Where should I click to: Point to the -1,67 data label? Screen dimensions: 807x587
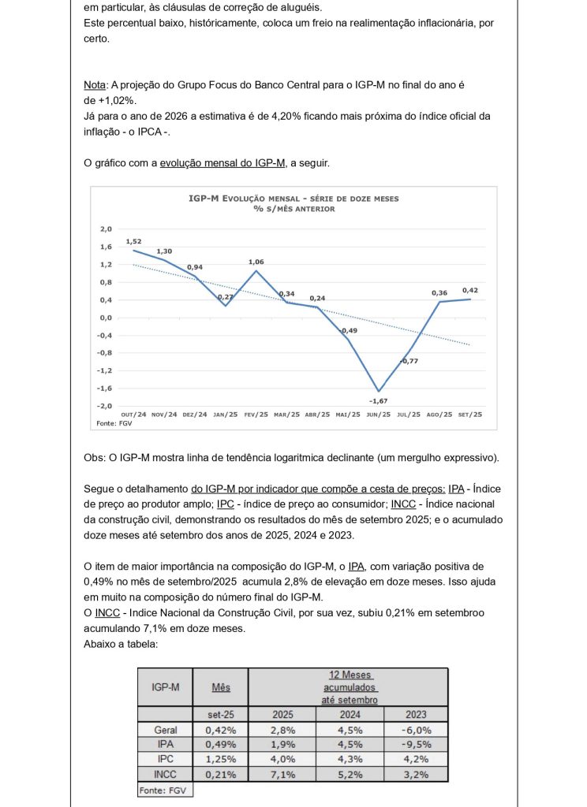[x=379, y=400]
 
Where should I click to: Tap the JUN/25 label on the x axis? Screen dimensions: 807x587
[x=379, y=415]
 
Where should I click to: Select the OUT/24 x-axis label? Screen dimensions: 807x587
[x=133, y=415]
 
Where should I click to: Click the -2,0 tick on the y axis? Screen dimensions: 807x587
[x=105, y=405]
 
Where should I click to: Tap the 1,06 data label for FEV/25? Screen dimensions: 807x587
[x=256, y=262]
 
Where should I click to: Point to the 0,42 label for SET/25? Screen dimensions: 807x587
[x=471, y=289]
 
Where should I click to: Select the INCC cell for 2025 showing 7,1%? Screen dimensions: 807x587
[x=282, y=775]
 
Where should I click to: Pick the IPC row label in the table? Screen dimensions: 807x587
[x=165, y=760]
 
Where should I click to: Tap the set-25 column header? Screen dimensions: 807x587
[x=221, y=714]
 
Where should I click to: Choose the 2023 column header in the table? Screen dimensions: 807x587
[x=416, y=714]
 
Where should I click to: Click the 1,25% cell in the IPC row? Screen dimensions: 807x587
[x=221, y=760]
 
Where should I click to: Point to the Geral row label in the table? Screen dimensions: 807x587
[x=165, y=730]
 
